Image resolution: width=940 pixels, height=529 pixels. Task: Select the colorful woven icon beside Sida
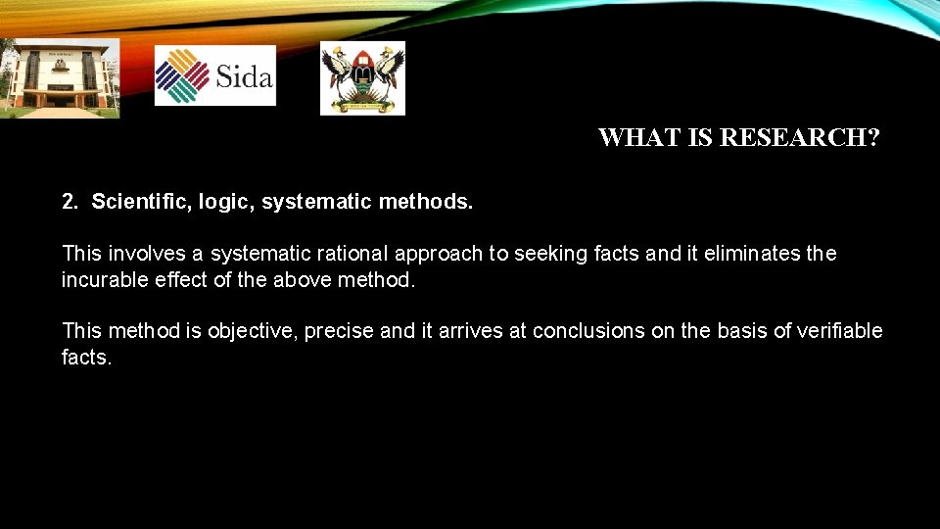click(183, 76)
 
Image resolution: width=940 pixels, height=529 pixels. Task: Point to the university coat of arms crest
click(362, 77)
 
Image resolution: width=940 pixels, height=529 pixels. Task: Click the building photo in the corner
click(60, 78)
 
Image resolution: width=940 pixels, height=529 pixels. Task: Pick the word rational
click(352, 254)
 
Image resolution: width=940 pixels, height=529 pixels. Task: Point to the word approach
click(439, 254)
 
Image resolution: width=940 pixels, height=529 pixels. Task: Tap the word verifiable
click(840, 331)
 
